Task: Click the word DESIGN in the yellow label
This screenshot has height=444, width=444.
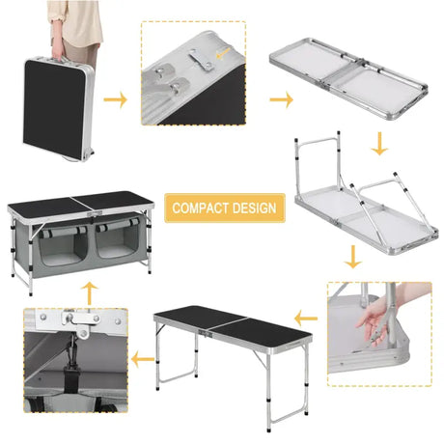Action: (x=253, y=208)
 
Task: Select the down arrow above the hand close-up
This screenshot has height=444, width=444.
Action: (x=353, y=257)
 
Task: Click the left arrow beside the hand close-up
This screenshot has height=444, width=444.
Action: (x=306, y=315)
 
